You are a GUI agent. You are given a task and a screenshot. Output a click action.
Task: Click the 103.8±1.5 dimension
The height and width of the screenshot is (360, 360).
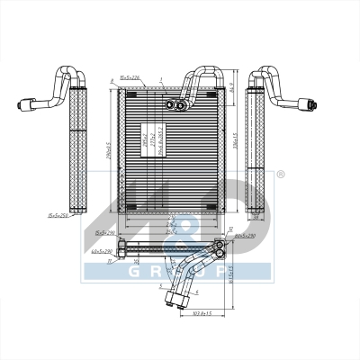(x=208, y=313)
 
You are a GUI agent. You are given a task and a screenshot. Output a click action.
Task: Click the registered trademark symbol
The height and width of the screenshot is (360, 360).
(x=281, y=174)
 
